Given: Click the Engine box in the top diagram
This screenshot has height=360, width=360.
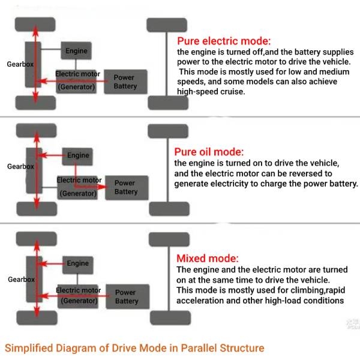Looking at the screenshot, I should (x=76, y=51).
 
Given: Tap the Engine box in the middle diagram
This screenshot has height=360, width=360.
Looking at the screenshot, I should (x=77, y=155).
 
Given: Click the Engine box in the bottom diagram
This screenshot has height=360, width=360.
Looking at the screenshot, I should (x=77, y=263).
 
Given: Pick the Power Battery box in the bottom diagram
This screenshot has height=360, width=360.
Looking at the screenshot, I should (x=126, y=297).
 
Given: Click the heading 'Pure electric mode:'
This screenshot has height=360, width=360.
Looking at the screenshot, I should (x=223, y=42).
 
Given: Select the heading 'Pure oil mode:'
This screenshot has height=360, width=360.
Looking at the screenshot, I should (x=208, y=152).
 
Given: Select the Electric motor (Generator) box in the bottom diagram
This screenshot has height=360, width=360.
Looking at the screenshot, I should (x=79, y=296).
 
